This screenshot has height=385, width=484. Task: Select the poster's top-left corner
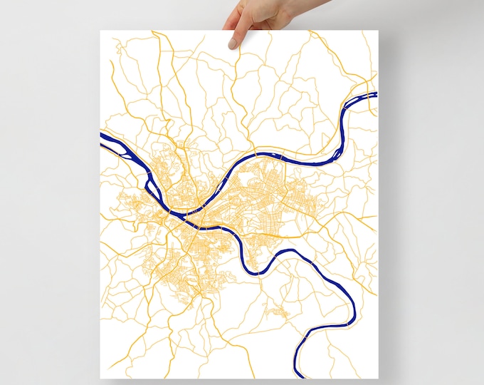[101, 31]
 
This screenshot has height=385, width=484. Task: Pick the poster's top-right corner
[378, 31]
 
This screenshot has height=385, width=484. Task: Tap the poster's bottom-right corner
[378, 378]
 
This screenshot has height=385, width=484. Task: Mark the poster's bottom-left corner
[101, 378]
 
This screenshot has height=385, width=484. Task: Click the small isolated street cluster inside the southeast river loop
[275, 311]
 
